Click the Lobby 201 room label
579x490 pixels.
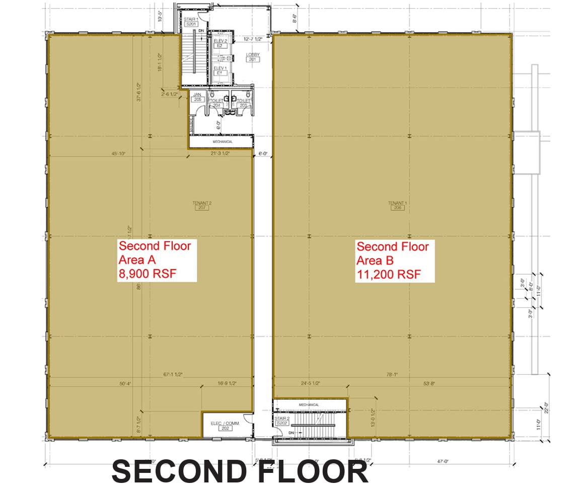[252, 57]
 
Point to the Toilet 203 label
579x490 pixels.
[243, 103]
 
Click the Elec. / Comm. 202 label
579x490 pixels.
[224, 426]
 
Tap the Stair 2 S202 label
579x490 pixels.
[281, 421]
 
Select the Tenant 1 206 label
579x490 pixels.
[397, 205]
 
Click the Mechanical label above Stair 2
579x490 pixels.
[309, 404]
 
